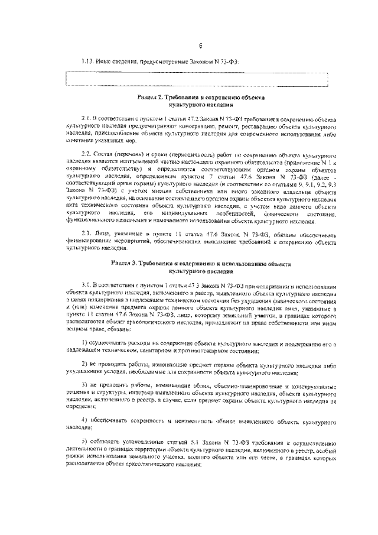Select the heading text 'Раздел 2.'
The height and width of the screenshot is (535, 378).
(150, 96)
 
